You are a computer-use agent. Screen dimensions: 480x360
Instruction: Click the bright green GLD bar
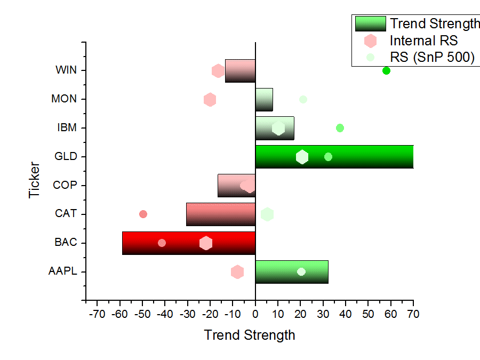click(x=334, y=157)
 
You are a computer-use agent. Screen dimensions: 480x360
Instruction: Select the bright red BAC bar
click(x=189, y=243)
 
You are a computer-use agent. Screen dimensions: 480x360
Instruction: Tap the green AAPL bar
click(x=292, y=272)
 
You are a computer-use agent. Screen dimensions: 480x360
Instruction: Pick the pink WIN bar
click(x=241, y=71)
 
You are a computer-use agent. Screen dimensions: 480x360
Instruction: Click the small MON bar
click(x=264, y=100)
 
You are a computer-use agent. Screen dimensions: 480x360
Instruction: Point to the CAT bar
click(x=221, y=214)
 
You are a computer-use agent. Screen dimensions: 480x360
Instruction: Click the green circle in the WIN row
click(x=386, y=71)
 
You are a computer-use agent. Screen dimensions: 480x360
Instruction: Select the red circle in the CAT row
click(x=143, y=214)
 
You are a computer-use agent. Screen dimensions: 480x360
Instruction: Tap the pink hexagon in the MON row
click(x=210, y=100)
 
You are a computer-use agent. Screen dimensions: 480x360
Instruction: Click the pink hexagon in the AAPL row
click(x=237, y=272)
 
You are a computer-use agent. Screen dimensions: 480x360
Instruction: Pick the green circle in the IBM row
click(x=340, y=128)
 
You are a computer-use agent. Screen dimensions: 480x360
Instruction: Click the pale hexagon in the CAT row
click(x=267, y=214)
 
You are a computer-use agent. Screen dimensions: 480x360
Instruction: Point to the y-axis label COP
click(x=65, y=185)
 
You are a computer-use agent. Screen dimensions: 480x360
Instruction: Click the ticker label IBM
click(x=67, y=127)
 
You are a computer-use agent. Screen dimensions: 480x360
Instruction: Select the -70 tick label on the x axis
click(x=97, y=314)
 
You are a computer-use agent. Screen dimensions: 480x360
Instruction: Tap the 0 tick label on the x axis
click(x=255, y=314)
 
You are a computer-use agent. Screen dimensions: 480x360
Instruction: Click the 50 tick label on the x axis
click(x=368, y=314)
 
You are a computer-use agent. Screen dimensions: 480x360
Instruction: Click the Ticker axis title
click(x=34, y=180)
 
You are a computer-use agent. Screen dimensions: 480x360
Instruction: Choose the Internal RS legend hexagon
click(x=370, y=41)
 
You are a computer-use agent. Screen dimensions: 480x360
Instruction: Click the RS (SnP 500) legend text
click(x=432, y=57)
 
